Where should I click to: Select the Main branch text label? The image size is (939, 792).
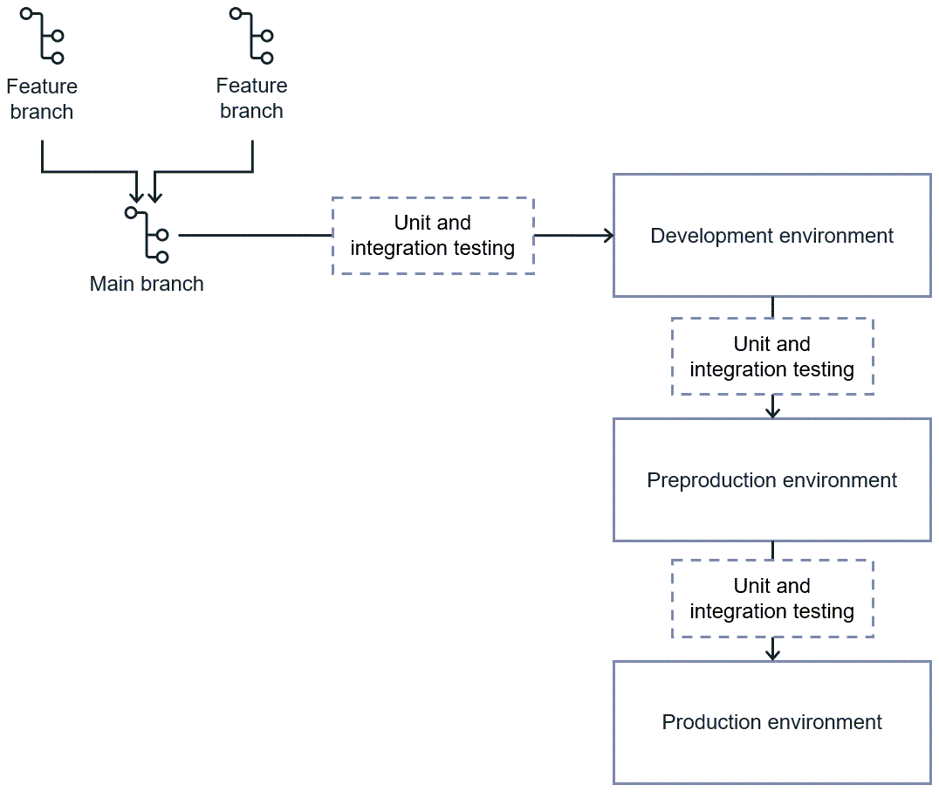pyautogui.click(x=147, y=284)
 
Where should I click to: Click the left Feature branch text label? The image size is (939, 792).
pyautogui.click(x=41, y=99)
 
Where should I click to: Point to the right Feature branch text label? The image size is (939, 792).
pyautogui.click(x=251, y=98)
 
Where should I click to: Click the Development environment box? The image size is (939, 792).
pyautogui.click(x=771, y=235)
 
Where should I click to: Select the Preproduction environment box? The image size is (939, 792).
pyautogui.click(x=771, y=479)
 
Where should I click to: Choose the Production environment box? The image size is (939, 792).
pyautogui.click(x=771, y=722)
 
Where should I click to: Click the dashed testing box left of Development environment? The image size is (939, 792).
pyautogui.click(x=433, y=236)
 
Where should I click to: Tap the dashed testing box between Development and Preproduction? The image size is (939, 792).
pyautogui.click(x=771, y=356)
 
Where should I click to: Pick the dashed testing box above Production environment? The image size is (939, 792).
pyautogui.click(x=771, y=598)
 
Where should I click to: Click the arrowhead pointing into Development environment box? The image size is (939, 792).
pyautogui.click(x=607, y=235)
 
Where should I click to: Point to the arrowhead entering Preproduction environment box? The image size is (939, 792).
pyautogui.click(x=772, y=411)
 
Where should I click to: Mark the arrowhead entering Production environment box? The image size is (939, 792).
pyautogui.click(x=772, y=654)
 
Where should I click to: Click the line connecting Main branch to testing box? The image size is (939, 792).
pyautogui.click(x=253, y=235)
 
